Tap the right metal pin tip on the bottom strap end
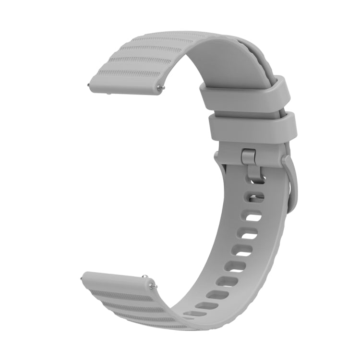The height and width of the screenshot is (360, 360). pos(153,287)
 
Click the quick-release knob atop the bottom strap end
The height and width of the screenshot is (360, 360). pos(144,277)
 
